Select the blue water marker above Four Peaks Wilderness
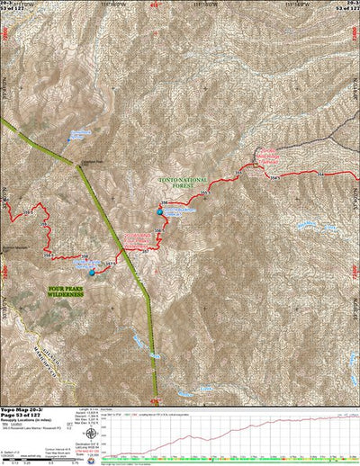point(92,271)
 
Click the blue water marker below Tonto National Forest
point(160,212)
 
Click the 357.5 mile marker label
point(112,264)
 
